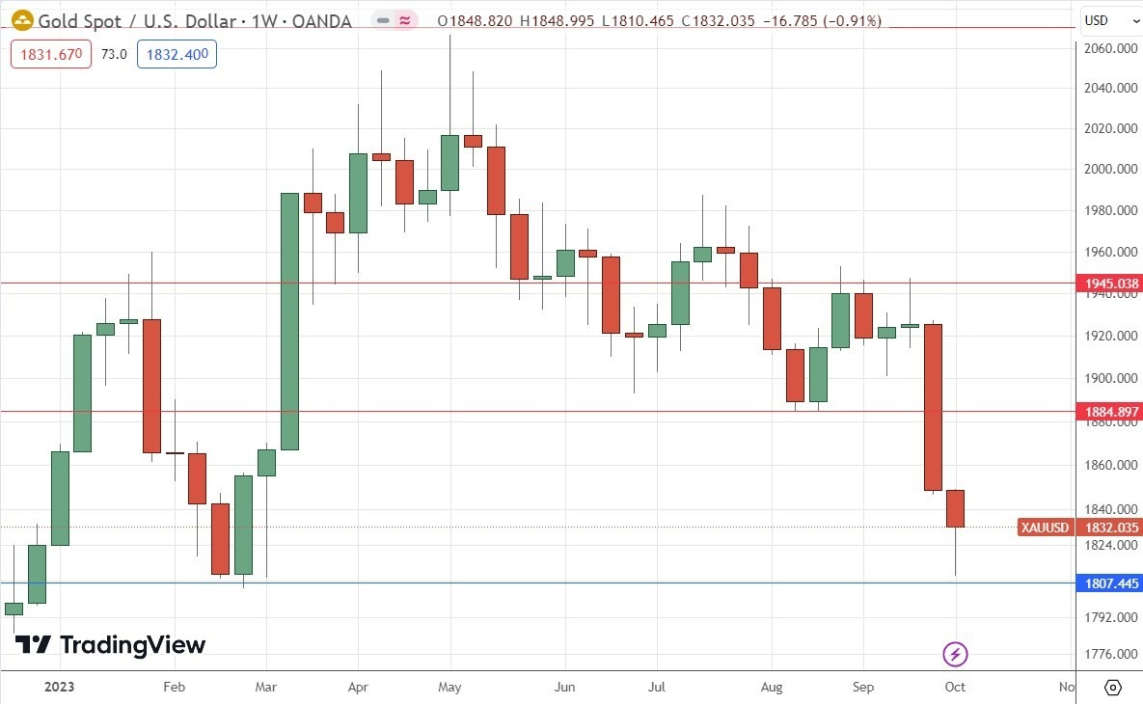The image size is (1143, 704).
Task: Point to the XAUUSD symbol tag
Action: coord(1046,528)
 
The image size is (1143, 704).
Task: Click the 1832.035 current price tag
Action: coord(1111,528)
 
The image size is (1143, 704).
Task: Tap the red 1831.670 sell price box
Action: coord(51,54)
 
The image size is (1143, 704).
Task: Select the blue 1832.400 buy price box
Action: coord(177,54)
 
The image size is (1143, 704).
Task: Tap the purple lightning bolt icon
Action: coord(955,655)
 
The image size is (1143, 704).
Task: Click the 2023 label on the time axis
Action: coord(60,688)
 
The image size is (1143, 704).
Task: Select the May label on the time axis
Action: coord(449,688)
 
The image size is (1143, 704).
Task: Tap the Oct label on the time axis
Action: coord(955,688)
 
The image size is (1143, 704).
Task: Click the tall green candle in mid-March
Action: coord(289,321)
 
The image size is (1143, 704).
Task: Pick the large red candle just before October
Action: coord(933,407)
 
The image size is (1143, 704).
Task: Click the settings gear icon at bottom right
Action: coord(1112,688)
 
